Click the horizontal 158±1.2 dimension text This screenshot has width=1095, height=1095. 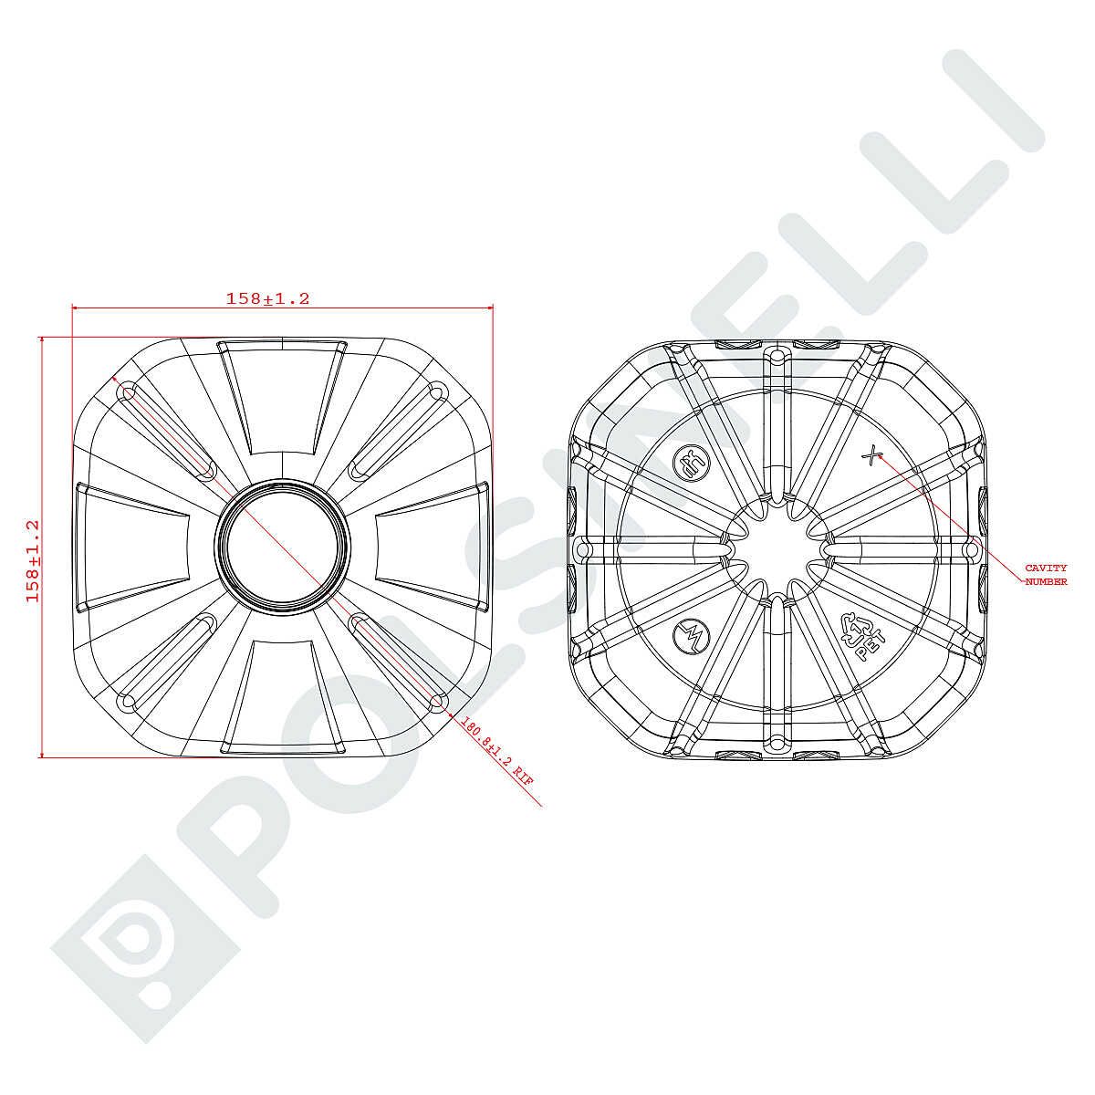point(267,299)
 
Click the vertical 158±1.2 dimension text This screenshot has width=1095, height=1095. point(33,561)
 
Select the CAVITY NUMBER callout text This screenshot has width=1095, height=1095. point(1046,575)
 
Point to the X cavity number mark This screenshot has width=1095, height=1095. point(870,455)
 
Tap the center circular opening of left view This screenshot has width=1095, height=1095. point(282,547)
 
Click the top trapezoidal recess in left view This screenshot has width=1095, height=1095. point(282,397)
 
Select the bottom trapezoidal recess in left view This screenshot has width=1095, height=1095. point(282,698)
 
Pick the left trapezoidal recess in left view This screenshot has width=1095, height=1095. point(132,547)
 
